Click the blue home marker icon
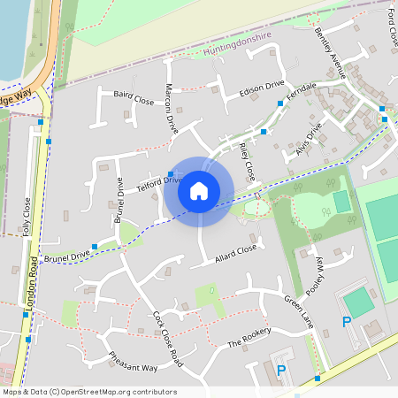pyautogui.click(x=199, y=190)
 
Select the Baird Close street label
pyautogui.click(x=134, y=93)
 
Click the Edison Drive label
pyautogui.click(x=262, y=88)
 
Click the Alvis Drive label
pyautogui.click(x=309, y=137)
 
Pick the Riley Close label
pyautogui.click(x=247, y=158)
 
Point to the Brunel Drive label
pyautogui.click(x=67, y=256)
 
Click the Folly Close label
pyautogui.click(x=27, y=213)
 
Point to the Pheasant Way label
pyautogui.click(x=133, y=365)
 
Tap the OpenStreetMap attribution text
pyautogui.click(x=89, y=392)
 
